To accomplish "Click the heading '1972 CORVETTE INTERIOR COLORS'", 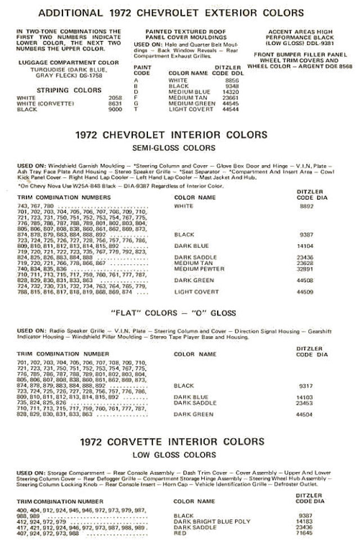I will [x=179, y=441].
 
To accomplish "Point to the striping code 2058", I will [x=115, y=98].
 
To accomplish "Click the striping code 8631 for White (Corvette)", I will [x=115, y=103].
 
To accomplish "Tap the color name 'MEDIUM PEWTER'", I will [x=195, y=269].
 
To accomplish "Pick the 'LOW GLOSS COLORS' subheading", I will [x=179, y=454].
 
